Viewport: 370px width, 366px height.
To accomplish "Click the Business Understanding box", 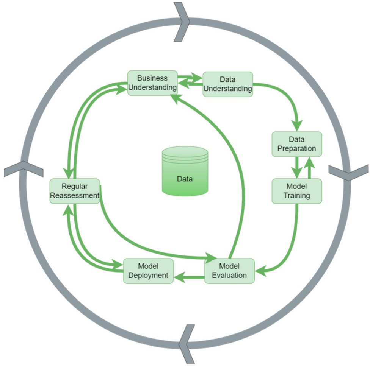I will pos(152,83).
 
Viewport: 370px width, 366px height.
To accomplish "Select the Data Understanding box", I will pos(227,84).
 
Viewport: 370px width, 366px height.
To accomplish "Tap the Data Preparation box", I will pos(296,144).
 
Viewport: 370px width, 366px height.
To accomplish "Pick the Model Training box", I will pos(297,191).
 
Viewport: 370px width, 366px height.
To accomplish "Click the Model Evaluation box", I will pos(229,271).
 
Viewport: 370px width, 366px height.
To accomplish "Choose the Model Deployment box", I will pos(148,271).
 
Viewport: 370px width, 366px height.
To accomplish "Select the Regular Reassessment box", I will pos(75,191).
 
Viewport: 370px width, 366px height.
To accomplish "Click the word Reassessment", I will pos(75,195).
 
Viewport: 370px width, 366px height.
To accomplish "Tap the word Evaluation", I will pos(229,275).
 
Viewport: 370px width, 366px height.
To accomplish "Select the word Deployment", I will pos(148,275).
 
